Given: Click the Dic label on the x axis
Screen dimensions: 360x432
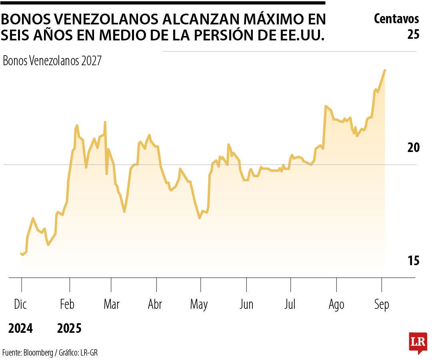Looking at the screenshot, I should point(20,305).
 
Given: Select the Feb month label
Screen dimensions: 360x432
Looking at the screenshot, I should point(67,305).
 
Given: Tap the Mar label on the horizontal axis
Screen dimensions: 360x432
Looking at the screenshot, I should point(112,305).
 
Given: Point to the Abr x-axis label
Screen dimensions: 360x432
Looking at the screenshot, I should point(155,305).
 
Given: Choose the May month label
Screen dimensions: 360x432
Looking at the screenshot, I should point(199,305).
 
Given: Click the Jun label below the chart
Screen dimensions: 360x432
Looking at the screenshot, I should point(246,305).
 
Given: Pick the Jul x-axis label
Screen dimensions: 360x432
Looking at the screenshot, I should point(290,305).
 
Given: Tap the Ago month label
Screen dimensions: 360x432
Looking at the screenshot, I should point(336,305).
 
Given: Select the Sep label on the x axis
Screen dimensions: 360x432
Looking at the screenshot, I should point(381,305).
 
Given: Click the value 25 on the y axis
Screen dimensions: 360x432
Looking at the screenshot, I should point(413,34).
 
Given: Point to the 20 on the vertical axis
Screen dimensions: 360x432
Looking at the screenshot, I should point(413,148).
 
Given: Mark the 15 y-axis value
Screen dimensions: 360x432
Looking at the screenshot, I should point(413,261).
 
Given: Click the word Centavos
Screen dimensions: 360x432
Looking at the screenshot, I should point(396,18).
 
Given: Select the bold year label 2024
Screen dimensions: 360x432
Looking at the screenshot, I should point(21,329).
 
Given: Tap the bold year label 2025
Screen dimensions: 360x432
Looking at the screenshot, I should point(69,329).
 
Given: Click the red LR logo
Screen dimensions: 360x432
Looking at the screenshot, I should point(418,342).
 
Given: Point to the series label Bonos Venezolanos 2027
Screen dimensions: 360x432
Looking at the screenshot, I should point(52,61).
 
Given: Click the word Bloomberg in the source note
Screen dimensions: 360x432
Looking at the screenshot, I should point(38,353).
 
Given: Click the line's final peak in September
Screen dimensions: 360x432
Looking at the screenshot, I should point(385,70).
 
